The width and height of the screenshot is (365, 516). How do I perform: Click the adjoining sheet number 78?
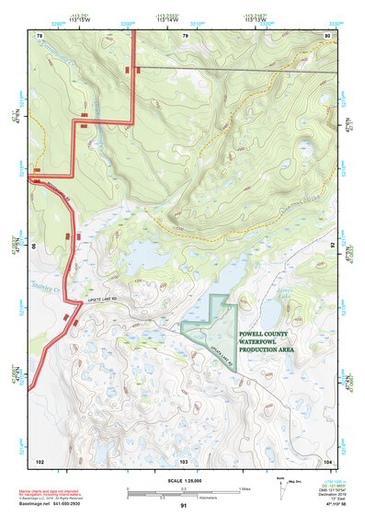(x=40, y=35)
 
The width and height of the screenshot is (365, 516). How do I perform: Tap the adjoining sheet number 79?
(x=185, y=35)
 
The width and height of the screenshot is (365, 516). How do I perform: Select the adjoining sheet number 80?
(x=327, y=35)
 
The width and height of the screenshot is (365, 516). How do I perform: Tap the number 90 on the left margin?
(x=37, y=247)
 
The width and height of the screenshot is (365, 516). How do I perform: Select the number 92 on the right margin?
(x=332, y=247)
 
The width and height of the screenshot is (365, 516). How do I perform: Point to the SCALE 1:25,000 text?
(x=184, y=481)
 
